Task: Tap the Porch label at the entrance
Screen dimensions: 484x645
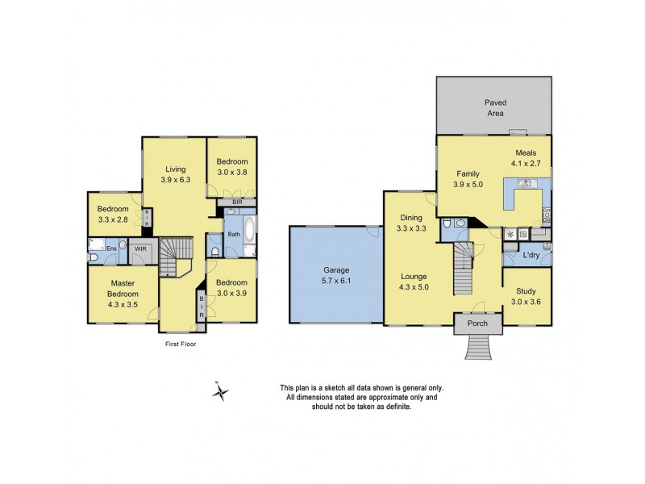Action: pyautogui.click(x=478, y=324)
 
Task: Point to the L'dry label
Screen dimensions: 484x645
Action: pyautogui.click(x=531, y=256)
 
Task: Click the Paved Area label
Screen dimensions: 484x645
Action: pyautogui.click(x=494, y=108)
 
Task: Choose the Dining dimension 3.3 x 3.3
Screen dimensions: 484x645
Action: pyautogui.click(x=411, y=229)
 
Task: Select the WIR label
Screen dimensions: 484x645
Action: pyautogui.click(x=140, y=249)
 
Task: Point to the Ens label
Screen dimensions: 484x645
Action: pyautogui.click(x=112, y=248)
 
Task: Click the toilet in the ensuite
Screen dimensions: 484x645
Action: pyautogui.click(x=94, y=257)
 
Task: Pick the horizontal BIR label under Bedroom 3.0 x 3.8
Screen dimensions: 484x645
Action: pyautogui.click(x=237, y=202)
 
